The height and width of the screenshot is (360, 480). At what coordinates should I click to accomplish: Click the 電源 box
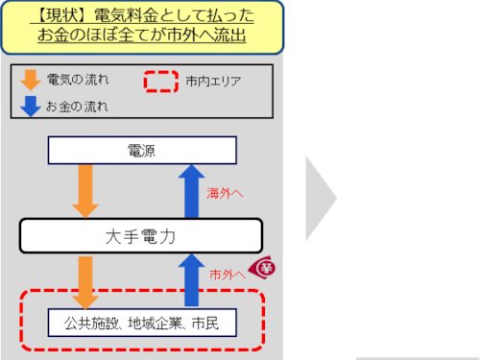tap(141, 151)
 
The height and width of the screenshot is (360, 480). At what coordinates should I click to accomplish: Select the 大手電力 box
tap(141, 234)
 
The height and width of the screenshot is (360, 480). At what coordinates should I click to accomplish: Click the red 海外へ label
tap(226, 194)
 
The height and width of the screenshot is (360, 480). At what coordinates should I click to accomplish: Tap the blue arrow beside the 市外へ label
tap(191, 279)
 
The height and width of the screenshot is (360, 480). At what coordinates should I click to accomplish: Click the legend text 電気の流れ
tap(73, 79)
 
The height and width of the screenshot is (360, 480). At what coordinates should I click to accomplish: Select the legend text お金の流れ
tap(73, 106)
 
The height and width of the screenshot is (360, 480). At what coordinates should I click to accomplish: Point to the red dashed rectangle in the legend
tap(161, 82)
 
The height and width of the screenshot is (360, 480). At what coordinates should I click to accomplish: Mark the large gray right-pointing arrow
tap(321, 200)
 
